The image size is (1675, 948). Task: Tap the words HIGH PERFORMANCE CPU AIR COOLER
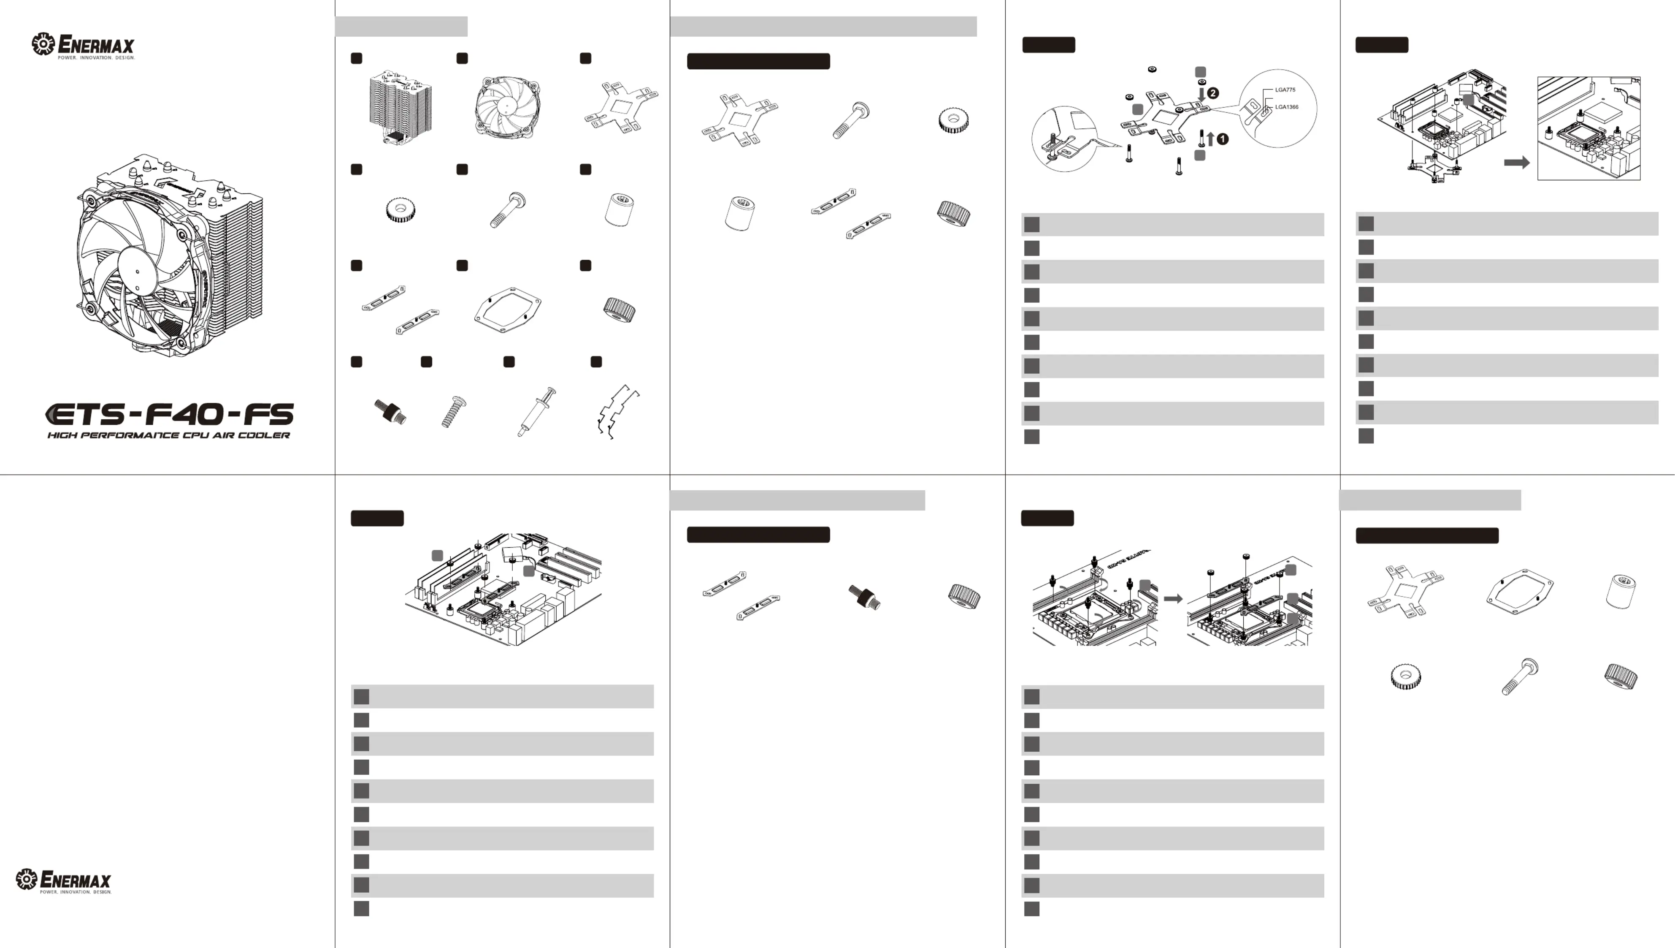(168, 435)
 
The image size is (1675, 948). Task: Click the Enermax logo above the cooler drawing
(83, 46)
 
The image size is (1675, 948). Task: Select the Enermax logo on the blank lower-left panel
(64, 880)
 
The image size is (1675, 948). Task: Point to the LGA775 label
(1285, 90)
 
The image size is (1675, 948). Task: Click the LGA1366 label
(1286, 107)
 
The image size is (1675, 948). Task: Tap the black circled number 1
(1223, 139)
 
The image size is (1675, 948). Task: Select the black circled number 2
(1213, 93)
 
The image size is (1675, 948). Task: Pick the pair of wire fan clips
(617, 411)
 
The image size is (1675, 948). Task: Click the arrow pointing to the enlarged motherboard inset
(1517, 162)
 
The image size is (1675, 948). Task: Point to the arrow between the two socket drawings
(1173, 598)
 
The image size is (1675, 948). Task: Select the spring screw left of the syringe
(449, 411)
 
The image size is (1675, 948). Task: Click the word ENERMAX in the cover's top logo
(96, 44)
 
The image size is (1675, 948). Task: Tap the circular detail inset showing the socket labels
(1277, 108)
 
